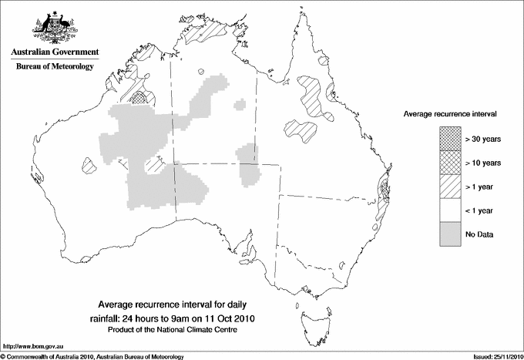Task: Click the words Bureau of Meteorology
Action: (55, 67)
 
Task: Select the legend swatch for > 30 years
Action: (450, 139)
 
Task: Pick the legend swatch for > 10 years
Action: (450, 163)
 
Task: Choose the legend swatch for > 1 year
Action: (450, 187)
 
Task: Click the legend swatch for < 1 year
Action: (450, 210)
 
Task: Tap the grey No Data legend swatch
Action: (450, 234)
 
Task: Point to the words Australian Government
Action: (55, 52)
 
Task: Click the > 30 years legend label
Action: (483, 140)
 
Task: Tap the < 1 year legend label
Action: (481, 210)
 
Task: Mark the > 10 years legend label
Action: (483, 163)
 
